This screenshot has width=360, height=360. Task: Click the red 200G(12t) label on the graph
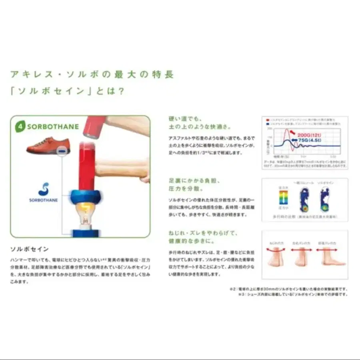(x=309, y=135)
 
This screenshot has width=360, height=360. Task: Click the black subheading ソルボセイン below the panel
(x=29, y=249)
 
